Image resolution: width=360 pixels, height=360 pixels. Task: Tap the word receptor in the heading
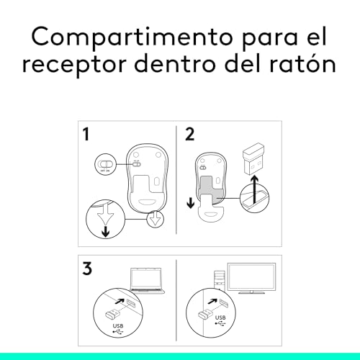[x=75, y=64]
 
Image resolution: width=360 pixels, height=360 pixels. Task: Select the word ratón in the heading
[x=303, y=63]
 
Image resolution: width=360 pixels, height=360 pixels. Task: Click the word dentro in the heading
[x=175, y=63]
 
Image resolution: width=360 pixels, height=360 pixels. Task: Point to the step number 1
[x=86, y=134]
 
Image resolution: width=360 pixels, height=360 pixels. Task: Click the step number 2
[x=189, y=134]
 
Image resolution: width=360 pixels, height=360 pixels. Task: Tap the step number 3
[x=87, y=268]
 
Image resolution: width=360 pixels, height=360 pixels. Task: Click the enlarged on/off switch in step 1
[x=105, y=164]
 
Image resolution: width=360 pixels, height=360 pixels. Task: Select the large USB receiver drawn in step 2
[x=253, y=158]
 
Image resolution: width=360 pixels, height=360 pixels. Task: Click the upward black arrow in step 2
[x=255, y=189]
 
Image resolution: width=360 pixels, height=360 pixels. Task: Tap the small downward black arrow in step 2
[x=191, y=203]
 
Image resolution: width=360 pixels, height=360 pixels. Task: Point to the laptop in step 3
[x=148, y=280]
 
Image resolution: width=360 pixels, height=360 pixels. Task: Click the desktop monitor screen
[x=252, y=277]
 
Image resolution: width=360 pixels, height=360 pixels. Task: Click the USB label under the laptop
[x=118, y=325]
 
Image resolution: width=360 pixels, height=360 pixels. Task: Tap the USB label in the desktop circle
[x=220, y=318]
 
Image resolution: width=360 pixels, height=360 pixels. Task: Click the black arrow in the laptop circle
[x=120, y=301]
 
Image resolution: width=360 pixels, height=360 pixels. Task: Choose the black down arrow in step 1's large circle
[x=106, y=231]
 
